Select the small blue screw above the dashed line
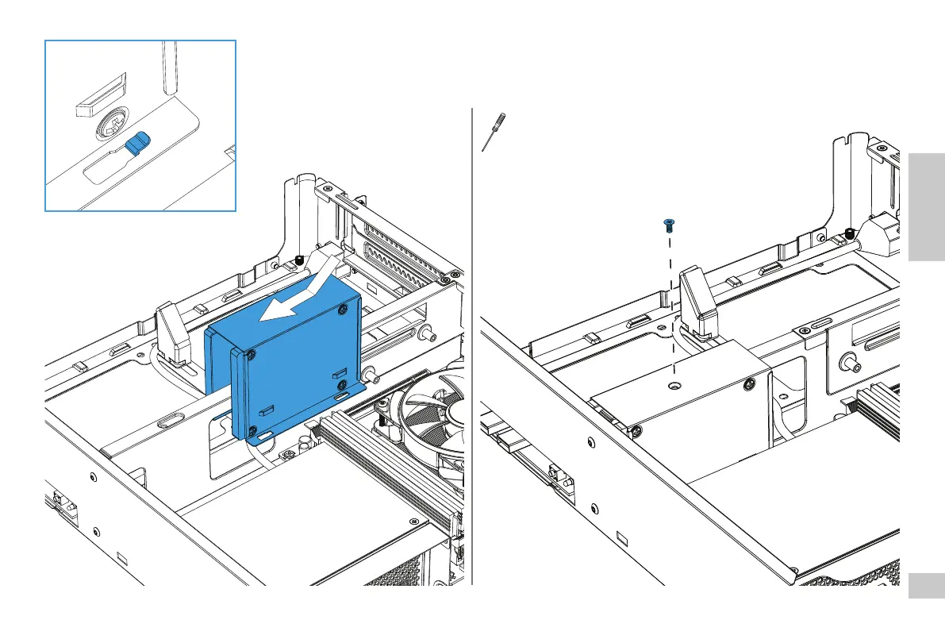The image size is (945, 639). tap(668, 225)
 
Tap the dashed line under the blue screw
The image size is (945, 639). tap(672, 302)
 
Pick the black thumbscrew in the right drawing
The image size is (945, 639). tap(850, 233)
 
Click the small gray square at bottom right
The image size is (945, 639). tap(926, 587)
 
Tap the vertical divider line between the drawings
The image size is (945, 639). tap(472, 357)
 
